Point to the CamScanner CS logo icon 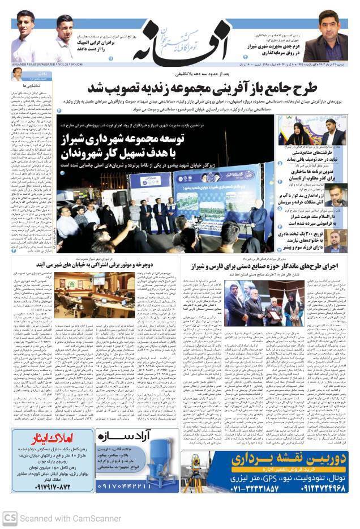tap(10, 518)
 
